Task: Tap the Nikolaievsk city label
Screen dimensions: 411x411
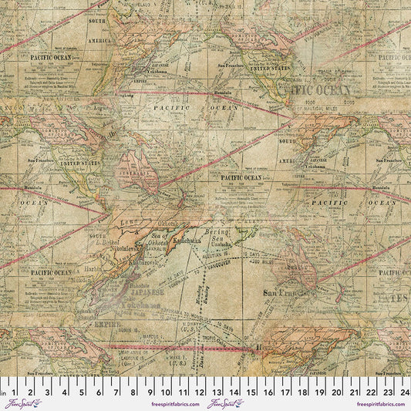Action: (116, 249)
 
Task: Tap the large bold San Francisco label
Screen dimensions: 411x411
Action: (288, 293)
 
